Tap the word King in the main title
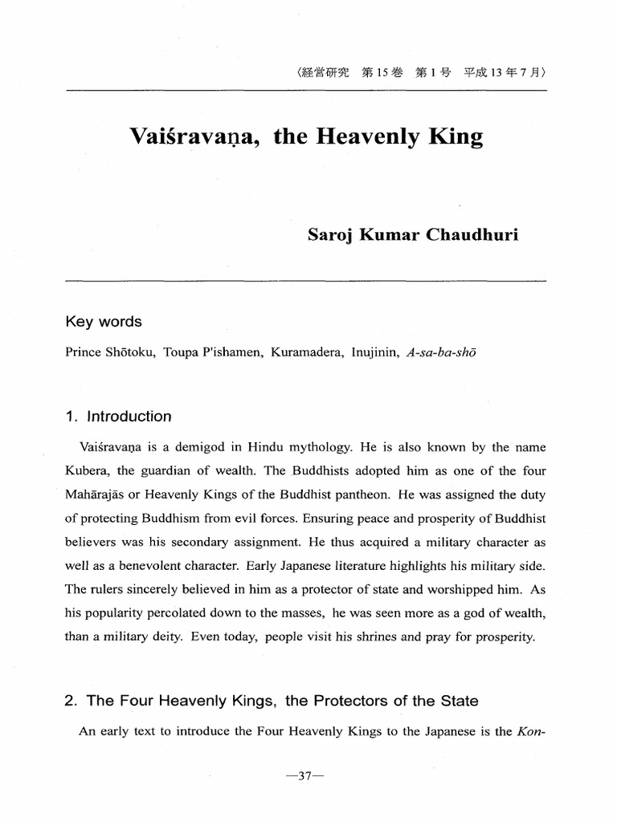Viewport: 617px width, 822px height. pos(453,137)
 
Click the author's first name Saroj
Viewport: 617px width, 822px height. pos(331,235)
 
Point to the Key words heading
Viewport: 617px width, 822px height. pos(103,322)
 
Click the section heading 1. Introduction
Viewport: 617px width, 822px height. pos(118,417)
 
